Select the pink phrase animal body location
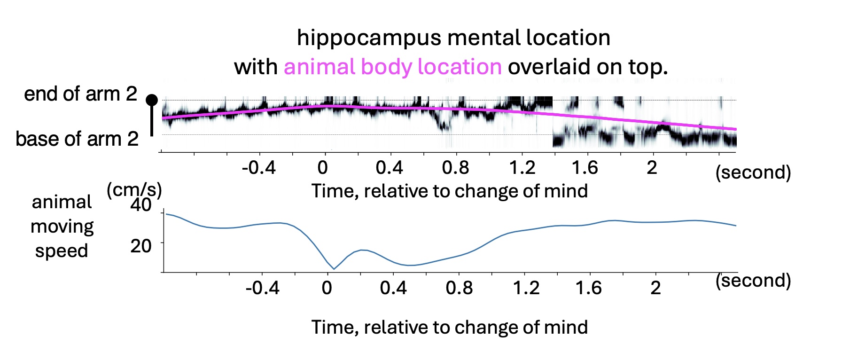coord(393,67)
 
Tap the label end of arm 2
coord(80,94)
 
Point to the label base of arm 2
coord(77,139)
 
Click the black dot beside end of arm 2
coord(152,100)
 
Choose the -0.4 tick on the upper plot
coord(258,167)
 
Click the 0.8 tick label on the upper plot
coord(455,167)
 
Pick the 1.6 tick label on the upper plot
coord(585,167)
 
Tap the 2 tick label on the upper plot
coord(652,167)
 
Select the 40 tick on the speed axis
coord(141,205)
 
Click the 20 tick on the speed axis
coord(141,246)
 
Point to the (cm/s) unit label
coord(134,190)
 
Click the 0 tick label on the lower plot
coord(327,287)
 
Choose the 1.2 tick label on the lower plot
coord(526,287)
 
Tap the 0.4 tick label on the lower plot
coord(393,287)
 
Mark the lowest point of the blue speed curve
coord(334,269)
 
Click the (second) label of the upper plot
coord(753,172)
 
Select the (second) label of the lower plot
coord(753,280)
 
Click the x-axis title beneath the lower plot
coord(449,327)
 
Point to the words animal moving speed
coord(62,226)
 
